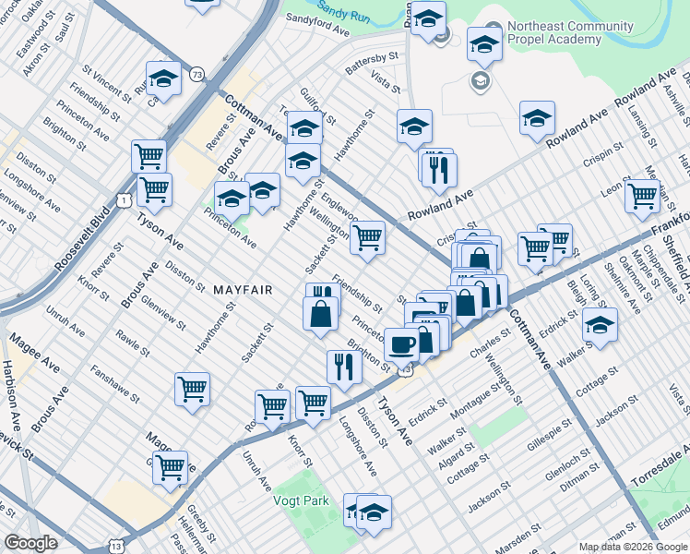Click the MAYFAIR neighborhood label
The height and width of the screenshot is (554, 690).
(243, 290)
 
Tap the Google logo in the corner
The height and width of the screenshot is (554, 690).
(30, 543)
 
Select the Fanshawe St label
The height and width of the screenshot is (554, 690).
(114, 384)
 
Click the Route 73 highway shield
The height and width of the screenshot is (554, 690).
(196, 73)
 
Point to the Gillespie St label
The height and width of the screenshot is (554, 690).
(541, 432)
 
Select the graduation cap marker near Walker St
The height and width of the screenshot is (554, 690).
(600, 325)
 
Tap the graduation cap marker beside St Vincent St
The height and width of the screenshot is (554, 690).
(163, 79)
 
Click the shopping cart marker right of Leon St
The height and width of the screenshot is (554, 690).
(641, 195)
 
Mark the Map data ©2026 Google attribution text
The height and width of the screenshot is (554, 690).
(633, 546)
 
